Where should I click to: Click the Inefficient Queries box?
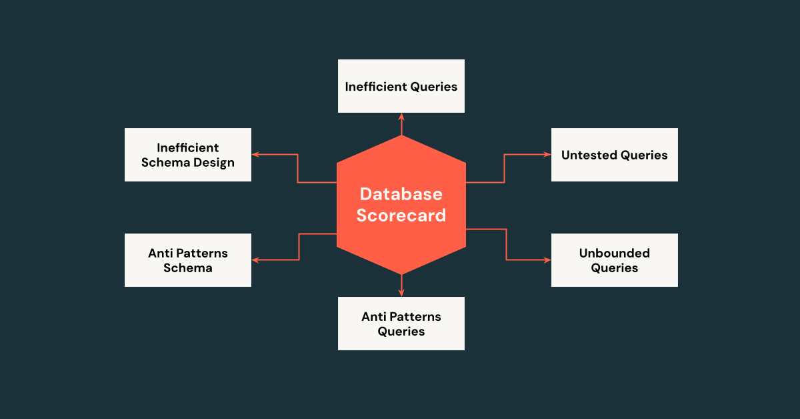[x=401, y=86]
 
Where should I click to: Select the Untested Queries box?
[x=614, y=155]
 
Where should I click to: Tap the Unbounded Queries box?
[x=614, y=260]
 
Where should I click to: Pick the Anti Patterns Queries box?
[x=401, y=324]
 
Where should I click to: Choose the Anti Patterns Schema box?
[x=187, y=260]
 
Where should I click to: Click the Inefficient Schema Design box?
[x=187, y=155]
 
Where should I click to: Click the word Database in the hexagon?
[x=401, y=194]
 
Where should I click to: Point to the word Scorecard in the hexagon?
[x=401, y=216]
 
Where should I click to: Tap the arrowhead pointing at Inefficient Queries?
[x=401, y=116]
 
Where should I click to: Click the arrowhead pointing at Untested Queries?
[x=547, y=155]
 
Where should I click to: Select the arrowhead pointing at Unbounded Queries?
[x=547, y=260]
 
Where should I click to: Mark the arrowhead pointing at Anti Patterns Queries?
[x=401, y=293]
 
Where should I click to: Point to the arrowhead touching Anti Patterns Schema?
[x=255, y=260]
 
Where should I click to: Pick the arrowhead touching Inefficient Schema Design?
[x=255, y=155]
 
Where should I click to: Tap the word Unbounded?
[x=614, y=253]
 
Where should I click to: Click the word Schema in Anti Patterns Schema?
[x=187, y=268]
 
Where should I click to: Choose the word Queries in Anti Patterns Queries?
[x=401, y=331]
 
